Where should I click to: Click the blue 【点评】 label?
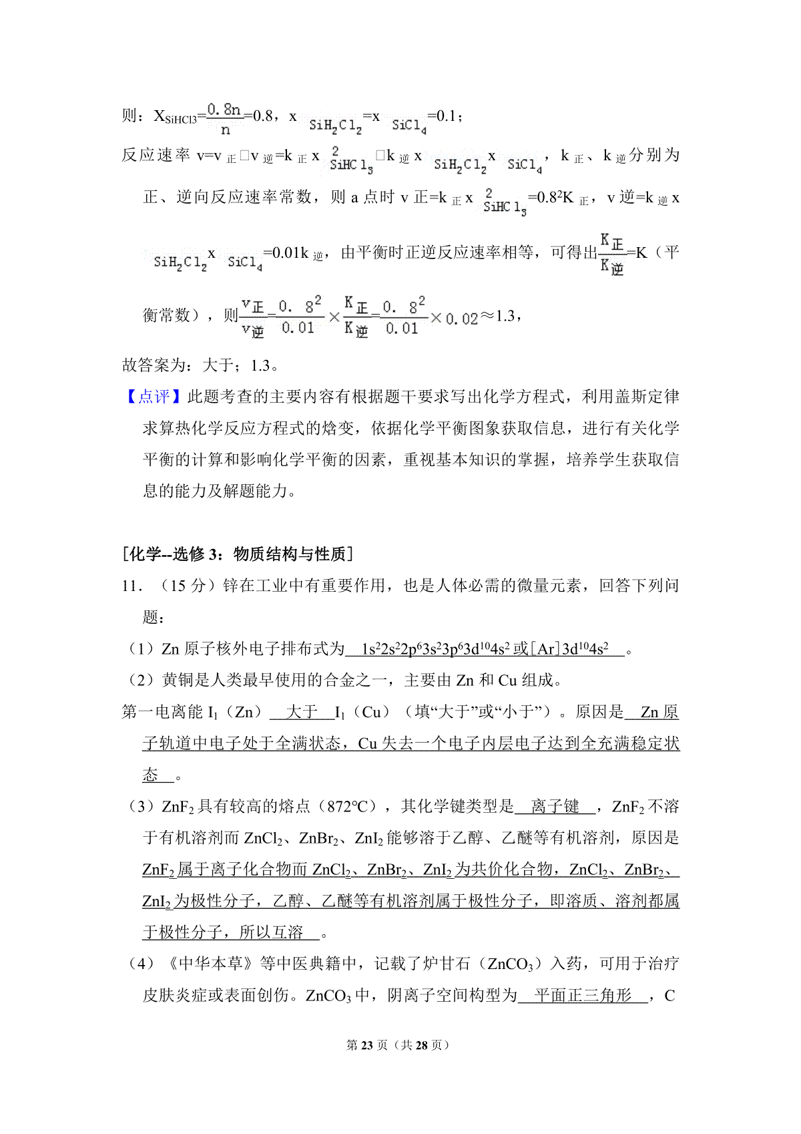pos(154,397)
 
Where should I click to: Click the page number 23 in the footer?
pos(366,1045)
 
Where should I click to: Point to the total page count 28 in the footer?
pos(421,1045)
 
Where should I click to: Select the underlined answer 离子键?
pos(555,807)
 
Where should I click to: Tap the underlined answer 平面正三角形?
pos(583,996)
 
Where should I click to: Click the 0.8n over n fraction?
pos(225,118)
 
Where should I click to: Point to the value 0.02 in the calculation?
pos(462,319)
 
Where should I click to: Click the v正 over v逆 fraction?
pos(253,317)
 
